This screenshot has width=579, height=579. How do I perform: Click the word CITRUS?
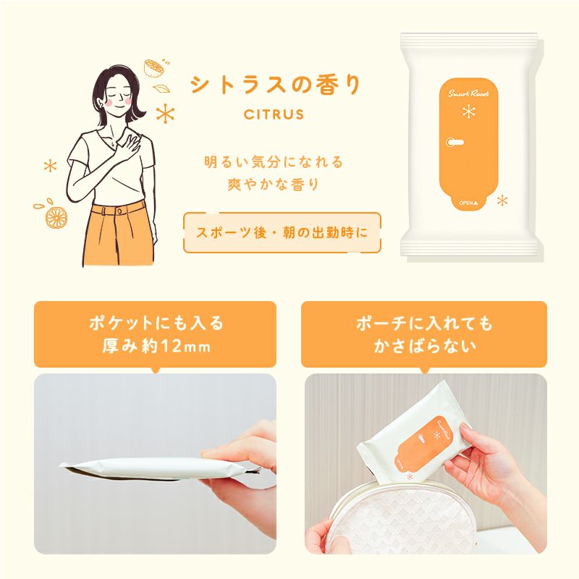274,114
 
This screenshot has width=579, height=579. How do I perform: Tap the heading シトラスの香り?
275,85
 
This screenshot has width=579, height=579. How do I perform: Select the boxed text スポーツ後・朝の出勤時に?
282,232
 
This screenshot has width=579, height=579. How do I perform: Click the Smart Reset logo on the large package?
468,93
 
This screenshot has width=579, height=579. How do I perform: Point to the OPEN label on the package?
468,203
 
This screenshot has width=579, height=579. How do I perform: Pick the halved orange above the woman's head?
154,68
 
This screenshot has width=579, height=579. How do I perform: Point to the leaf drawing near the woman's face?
161,88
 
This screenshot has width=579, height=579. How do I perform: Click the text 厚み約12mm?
156,346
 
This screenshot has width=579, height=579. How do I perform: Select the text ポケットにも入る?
156,323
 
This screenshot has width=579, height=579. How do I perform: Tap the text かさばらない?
425,346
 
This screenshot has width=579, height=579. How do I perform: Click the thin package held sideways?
161,468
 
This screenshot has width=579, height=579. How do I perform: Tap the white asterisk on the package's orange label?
468,111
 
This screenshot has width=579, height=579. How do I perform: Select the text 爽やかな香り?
274,185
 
